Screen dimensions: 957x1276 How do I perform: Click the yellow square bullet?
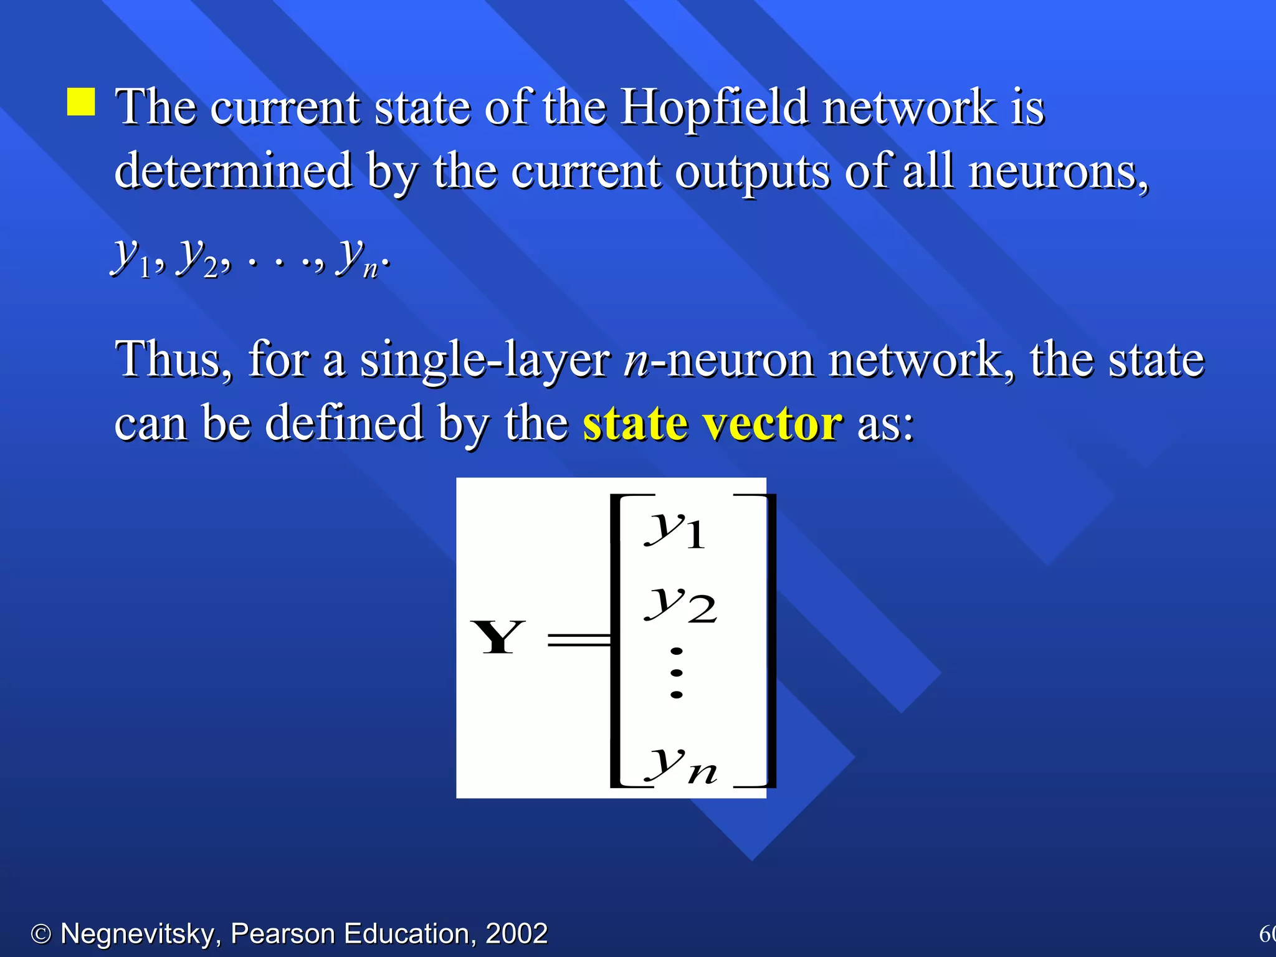[x=81, y=102]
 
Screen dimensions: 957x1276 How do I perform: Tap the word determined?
[x=234, y=171]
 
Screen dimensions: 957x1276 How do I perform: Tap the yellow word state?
[x=635, y=424]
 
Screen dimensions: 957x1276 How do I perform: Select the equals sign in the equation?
[x=578, y=639]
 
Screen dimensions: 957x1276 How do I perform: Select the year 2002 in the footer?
[x=517, y=934]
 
